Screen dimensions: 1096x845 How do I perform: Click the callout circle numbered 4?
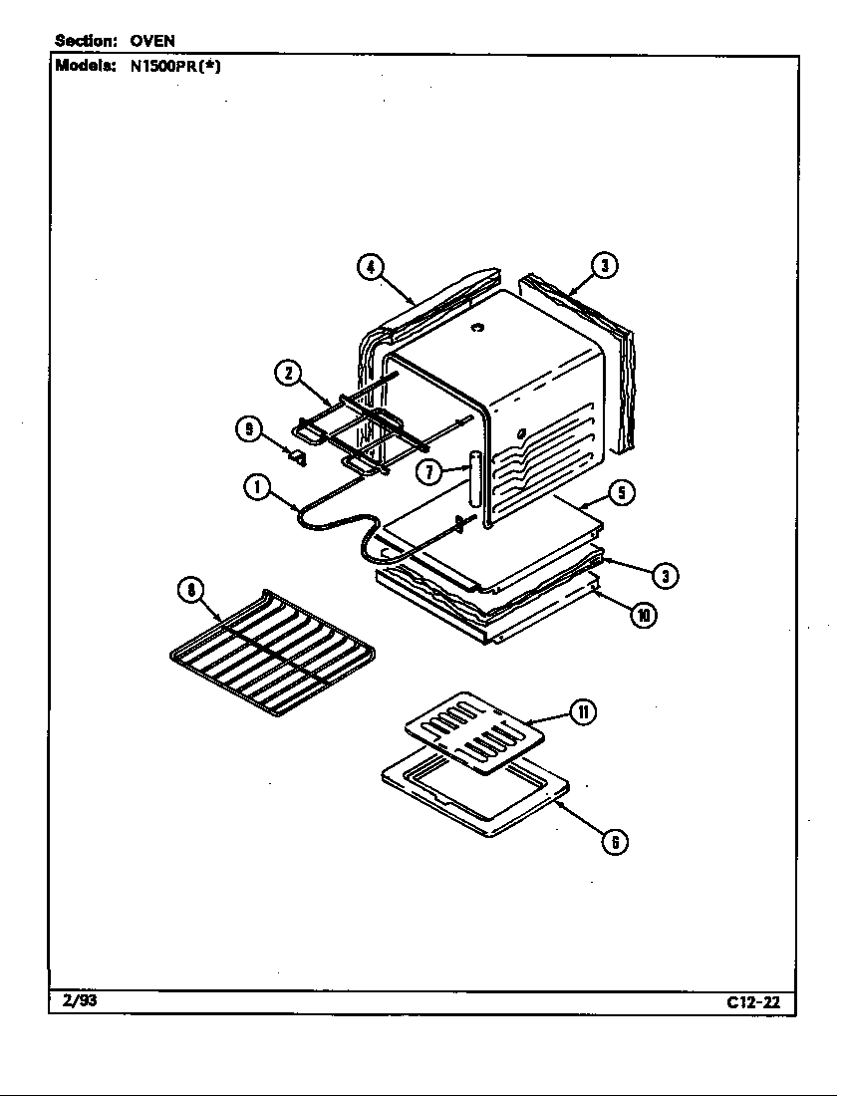pos(370,267)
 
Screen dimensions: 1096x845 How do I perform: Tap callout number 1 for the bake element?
pos(257,488)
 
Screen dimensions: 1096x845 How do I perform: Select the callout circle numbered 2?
pos(287,374)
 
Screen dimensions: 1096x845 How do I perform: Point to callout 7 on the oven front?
pos(429,471)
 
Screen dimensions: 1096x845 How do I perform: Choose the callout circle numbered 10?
pos(643,615)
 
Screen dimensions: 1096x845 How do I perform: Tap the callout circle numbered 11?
pos(583,712)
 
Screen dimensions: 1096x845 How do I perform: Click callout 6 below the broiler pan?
pos(615,842)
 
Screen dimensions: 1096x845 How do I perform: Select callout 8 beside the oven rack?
pos(188,590)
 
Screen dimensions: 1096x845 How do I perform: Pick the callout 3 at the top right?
pos(604,266)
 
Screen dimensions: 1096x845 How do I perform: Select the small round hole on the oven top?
pos(477,328)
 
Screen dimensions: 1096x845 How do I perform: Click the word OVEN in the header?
pos(152,41)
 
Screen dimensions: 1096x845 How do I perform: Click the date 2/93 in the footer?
pos(76,1000)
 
